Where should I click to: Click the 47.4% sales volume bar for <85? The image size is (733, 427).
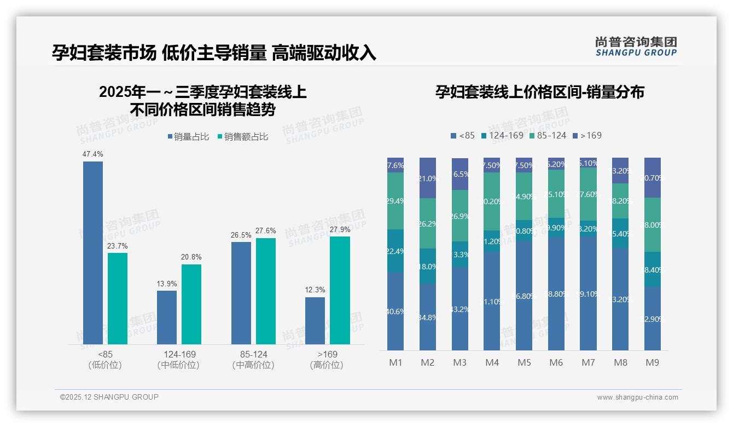tap(92, 252)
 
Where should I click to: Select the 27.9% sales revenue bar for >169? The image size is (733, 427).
tap(340, 290)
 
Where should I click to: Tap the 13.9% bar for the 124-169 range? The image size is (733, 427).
tap(167, 317)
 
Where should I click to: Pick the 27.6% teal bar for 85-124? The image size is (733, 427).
tap(266, 291)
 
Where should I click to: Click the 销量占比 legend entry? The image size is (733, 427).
tap(188, 137)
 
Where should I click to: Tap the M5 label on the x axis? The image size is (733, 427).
tap(524, 362)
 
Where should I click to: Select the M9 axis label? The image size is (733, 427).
tap(652, 362)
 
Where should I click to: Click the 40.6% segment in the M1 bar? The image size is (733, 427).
tap(395, 311)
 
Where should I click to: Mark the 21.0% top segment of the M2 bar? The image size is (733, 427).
tap(428, 178)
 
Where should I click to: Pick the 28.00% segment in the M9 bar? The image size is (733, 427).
tap(652, 224)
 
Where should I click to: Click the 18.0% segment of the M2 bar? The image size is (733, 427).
tap(428, 266)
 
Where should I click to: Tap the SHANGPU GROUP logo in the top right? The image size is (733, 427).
tap(636, 47)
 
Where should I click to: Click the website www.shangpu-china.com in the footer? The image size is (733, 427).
tap(637, 397)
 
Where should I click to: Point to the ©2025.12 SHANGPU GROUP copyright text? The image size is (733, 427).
tap(109, 397)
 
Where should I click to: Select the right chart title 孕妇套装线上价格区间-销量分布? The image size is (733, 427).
tap(539, 92)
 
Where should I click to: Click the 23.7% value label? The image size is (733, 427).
tap(117, 246)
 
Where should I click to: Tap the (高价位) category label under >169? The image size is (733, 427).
tap(327, 365)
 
